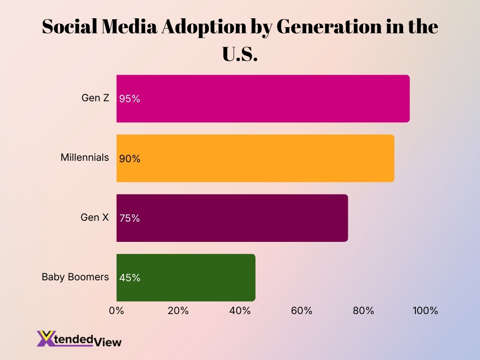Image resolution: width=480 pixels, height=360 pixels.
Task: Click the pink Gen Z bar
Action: click(262, 99)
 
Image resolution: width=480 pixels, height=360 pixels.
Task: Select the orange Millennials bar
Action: click(255, 158)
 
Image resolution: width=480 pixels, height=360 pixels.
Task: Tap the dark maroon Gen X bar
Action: click(232, 218)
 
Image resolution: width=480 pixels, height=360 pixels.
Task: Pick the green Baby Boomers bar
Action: click(186, 277)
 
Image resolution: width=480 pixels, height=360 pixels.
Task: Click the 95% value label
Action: click(129, 99)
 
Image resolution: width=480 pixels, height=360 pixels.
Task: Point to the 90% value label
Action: click(129, 158)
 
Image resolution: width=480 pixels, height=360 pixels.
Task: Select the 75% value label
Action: click(129, 218)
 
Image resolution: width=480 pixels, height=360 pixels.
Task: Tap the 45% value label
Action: click(129, 277)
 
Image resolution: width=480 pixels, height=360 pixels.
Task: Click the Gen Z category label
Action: click(95, 98)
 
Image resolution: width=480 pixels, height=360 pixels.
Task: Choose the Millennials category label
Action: click(85, 157)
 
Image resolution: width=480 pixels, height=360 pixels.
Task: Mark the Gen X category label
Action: click(95, 217)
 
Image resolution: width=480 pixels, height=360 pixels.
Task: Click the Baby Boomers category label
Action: click(75, 277)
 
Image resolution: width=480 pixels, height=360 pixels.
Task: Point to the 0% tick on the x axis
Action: click(116, 310)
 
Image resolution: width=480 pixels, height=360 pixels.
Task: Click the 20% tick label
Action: click(178, 310)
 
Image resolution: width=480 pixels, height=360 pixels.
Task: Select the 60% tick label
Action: click(301, 310)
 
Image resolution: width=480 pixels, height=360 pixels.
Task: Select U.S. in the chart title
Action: click(240, 54)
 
